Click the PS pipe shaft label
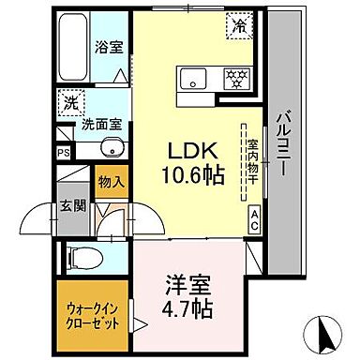coord(63,153)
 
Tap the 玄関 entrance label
coord(71,207)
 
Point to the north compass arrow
coord(324,330)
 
